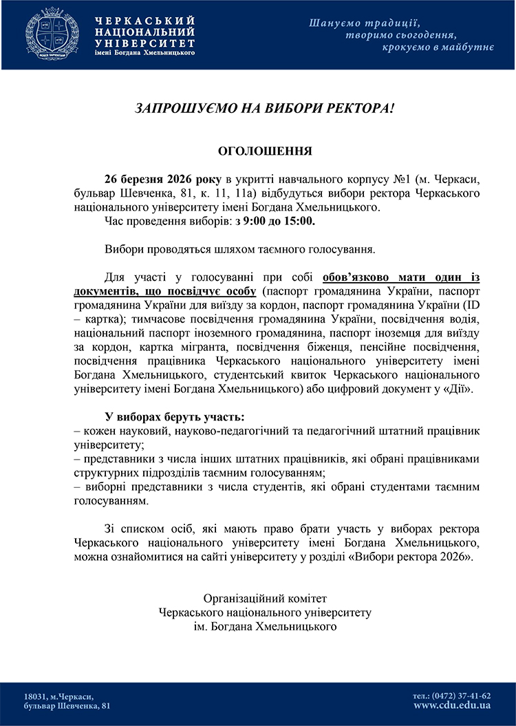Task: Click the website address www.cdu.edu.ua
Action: point(452,705)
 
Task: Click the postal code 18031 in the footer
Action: point(35,696)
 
